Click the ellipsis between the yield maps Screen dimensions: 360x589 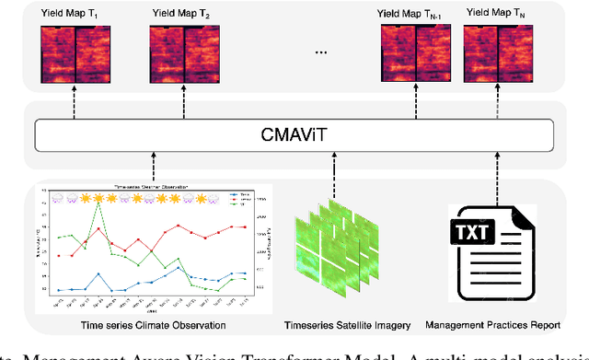[322, 53]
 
